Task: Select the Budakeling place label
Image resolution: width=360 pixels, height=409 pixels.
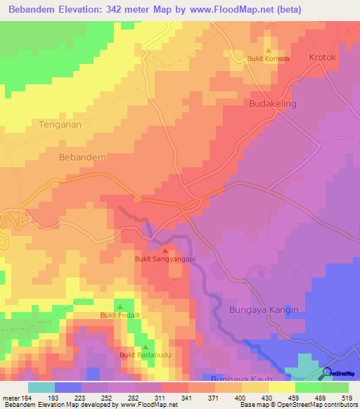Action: (273, 104)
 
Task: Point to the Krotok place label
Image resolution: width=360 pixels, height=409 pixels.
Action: (324, 57)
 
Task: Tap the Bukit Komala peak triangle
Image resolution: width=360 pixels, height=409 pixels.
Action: (268, 51)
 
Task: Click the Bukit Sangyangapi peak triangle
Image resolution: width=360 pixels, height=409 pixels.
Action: (165, 250)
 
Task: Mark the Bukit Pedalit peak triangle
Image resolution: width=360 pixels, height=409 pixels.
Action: (120, 307)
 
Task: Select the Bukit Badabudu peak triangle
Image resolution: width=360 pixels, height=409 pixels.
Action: (145, 347)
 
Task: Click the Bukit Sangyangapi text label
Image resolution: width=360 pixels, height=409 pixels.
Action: (165, 259)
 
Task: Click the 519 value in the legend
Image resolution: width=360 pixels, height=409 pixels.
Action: (342, 398)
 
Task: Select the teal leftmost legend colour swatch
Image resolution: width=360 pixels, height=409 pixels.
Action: (41, 387)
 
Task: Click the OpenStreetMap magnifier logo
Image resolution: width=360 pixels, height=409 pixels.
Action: (327, 373)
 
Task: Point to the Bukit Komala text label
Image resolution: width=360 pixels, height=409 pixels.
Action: (268, 59)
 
